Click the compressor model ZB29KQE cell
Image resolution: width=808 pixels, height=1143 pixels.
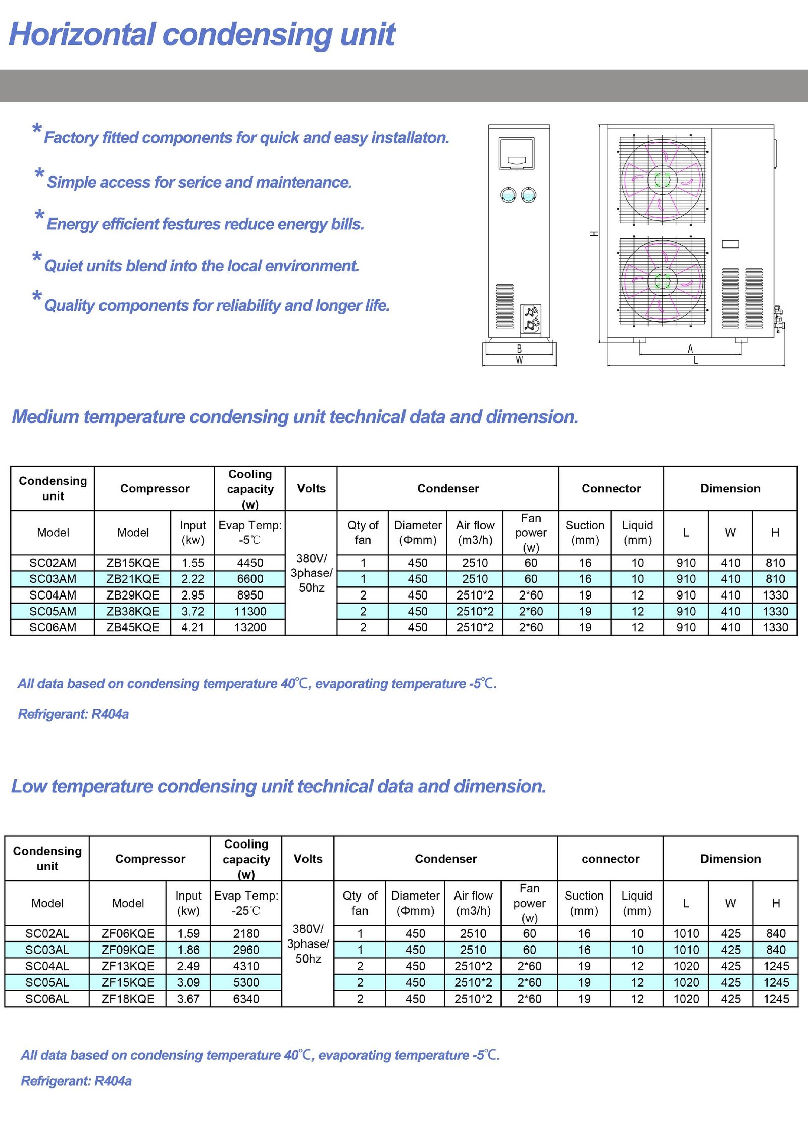pos(132,595)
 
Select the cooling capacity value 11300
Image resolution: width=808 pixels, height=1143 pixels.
pos(250,611)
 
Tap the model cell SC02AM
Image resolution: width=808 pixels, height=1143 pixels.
pos(53,563)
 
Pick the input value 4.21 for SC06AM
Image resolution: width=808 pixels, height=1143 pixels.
pos(192,627)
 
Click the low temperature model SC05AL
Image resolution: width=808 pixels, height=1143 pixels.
pos(47,982)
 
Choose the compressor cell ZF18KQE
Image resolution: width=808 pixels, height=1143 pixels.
pos(128,999)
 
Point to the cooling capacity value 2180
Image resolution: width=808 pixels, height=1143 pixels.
pos(246,933)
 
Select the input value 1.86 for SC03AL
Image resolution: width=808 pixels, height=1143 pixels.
pos(188,950)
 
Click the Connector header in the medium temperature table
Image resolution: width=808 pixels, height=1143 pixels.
pos(611,488)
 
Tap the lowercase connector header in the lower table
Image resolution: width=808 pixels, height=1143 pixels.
pos(611,859)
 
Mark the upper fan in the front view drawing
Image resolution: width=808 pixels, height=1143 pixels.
pos(662,180)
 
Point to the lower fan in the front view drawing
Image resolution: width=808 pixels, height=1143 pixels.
pos(662,281)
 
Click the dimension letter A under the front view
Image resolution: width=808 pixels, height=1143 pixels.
pos(690,349)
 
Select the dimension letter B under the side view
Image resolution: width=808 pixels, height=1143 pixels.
pos(519,349)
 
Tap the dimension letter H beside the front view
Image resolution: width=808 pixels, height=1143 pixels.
pos(594,234)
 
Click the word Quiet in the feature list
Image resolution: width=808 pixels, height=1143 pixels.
pos(63,266)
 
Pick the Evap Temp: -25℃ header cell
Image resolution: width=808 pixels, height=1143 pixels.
pos(246,903)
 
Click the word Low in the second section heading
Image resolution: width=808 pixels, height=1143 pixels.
pos(29,786)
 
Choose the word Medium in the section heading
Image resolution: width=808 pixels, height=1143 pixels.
pos(45,417)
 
